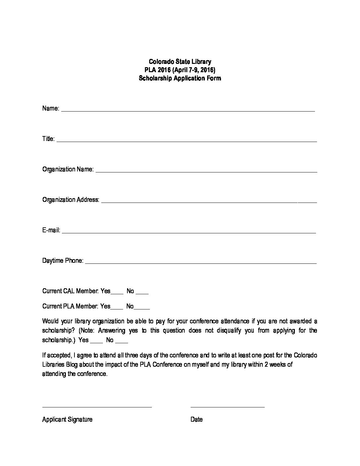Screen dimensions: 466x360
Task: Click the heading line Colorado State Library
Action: coord(180,62)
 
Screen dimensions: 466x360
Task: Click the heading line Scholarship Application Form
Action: coord(180,78)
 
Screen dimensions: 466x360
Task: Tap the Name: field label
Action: coord(51,109)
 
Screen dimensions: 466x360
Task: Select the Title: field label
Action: coord(48,139)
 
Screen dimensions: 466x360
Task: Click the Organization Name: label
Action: coord(68,169)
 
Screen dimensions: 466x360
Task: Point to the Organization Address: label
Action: coord(70,200)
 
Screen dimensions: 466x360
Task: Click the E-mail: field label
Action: coord(51,230)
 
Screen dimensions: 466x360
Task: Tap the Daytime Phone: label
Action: coord(63,261)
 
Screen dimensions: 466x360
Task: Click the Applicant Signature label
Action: coord(67,420)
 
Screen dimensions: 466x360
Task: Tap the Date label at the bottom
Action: coord(196,420)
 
